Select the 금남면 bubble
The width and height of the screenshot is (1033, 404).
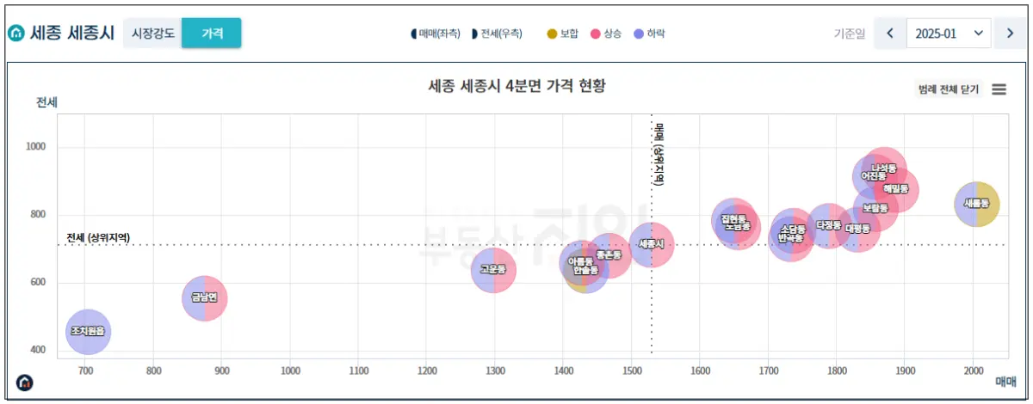pyautogui.click(x=204, y=298)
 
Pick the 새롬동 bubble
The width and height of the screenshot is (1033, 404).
pyautogui.click(x=976, y=205)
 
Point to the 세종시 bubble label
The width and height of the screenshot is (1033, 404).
pyautogui.click(x=651, y=244)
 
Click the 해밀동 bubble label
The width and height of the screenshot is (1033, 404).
pyautogui.click(x=897, y=188)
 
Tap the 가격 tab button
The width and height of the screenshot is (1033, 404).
pyautogui.click(x=212, y=33)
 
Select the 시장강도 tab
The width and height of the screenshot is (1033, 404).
pyautogui.click(x=153, y=33)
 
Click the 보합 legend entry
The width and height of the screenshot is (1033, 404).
pyautogui.click(x=563, y=34)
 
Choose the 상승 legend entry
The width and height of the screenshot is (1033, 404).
pyautogui.click(x=606, y=34)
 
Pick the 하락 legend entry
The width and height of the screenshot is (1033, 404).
pyautogui.click(x=649, y=34)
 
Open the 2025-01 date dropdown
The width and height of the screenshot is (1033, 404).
pyautogui.click(x=949, y=33)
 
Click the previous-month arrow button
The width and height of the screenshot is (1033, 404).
pyautogui.click(x=890, y=33)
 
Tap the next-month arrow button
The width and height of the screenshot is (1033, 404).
pyautogui.click(x=1010, y=33)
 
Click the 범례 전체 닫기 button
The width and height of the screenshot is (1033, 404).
pyautogui.click(x=949, y=89)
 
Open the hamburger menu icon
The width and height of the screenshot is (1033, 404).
pyautogui.click(x=999, y=89)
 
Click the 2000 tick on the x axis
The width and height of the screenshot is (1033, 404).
pyautogui.click(x=973, y=370)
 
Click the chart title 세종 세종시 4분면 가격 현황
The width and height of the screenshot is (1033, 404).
pyautogui.click(x=516, y=86)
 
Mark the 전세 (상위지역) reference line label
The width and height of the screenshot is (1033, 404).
pyautogui.click(x=98, y=237)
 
